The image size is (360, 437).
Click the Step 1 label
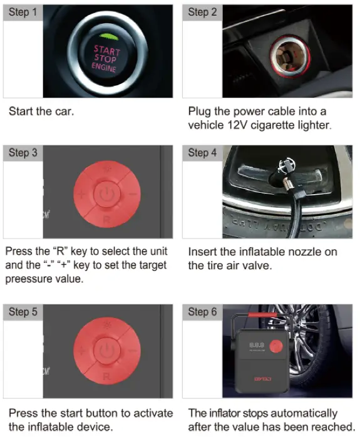pyautogui.click(x=23, y=13)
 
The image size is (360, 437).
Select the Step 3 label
pyautogui.click(x=23, y=153)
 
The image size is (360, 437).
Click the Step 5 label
pyautogui.click(x=23, y=312)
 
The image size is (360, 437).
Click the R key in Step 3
pyautogui.click(x=106, y=219)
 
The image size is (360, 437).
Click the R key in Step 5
pyautogui.click(x=106, y=378)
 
